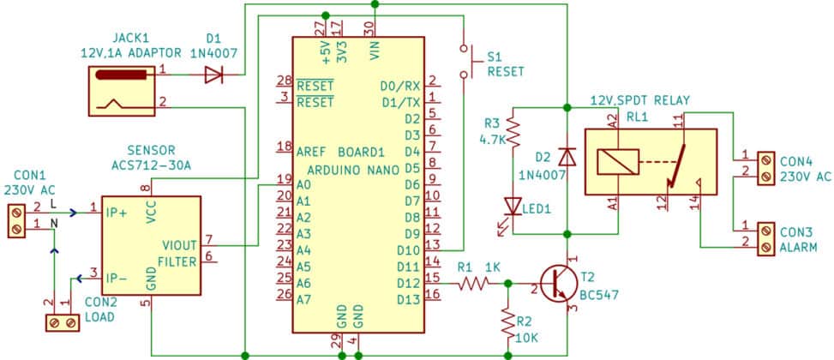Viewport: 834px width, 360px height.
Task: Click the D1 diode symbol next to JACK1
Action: click(x=213, y=75)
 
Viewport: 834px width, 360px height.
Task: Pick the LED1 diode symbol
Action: click(x=513, y=206)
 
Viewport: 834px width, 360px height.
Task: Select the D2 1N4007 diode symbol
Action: click(x=566, y=158)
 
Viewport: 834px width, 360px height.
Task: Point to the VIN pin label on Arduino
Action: click(x=375, y=51)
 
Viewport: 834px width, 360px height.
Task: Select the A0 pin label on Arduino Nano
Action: click(x=303, y=183)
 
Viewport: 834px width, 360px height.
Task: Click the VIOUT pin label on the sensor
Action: click(x=182, y=245)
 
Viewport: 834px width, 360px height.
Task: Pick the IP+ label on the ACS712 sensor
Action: click(x=118, y=208)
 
